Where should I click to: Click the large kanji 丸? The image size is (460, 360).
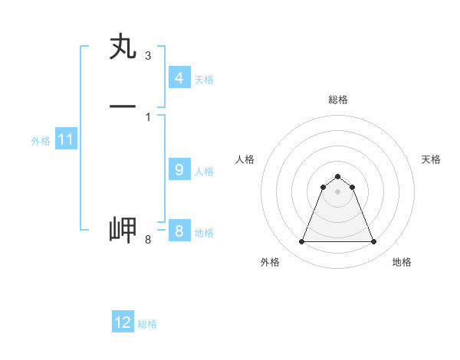[123, 47]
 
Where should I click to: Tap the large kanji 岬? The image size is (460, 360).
[123, 230]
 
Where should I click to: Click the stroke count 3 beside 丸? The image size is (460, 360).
[147, 56]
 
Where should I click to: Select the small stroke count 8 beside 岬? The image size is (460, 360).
[147, 241]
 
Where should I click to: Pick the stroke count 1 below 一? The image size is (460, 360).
[147, 116]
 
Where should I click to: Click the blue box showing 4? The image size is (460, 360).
[179, 77]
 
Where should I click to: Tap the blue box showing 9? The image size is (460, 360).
[179, 170]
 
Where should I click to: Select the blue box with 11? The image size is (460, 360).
[65, 139]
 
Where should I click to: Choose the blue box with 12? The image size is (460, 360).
[123, 322]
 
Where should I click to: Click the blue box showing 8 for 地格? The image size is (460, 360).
[179, 231]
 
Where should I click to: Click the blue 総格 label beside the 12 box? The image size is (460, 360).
[147, 324]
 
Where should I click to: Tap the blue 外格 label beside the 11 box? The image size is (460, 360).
[41, 141]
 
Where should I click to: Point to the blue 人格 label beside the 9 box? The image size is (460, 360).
[204, 172]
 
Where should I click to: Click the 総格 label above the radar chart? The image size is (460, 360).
[337, 100]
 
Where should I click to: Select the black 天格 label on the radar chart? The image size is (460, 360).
[431, 159]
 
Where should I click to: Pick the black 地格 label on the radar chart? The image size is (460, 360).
[402, 262]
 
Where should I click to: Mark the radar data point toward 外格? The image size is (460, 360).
[301, 242]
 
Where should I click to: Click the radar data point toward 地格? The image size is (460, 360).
[373, 242]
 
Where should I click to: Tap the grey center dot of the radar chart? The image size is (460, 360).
[337, 191]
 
